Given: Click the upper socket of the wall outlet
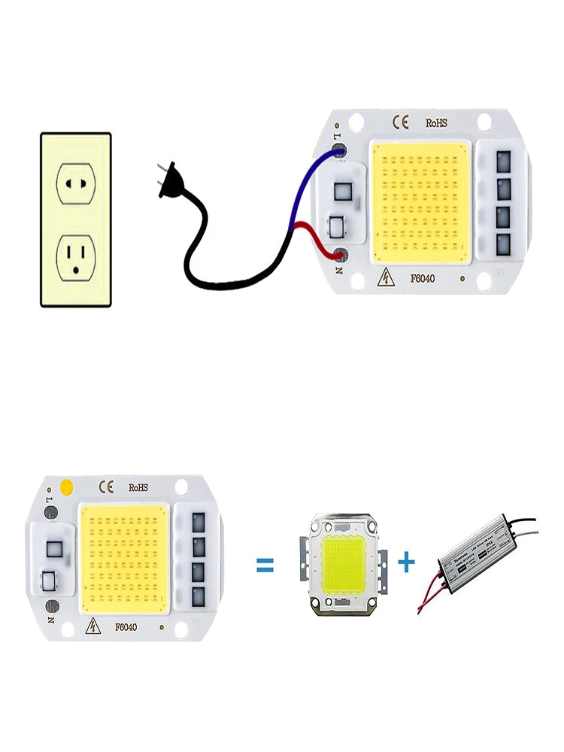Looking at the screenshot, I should [x=76, y=183].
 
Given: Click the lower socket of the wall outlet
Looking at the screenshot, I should [x=76, y=256].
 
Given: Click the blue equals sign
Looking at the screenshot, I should [x=265, y=564].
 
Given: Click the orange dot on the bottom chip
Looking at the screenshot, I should [x=65, y=486].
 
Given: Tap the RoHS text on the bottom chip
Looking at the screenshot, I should [x=139, y=487].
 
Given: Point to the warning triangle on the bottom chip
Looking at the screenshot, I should [x=95, y=626].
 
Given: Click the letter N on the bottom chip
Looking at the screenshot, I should [x=47, y=622].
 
